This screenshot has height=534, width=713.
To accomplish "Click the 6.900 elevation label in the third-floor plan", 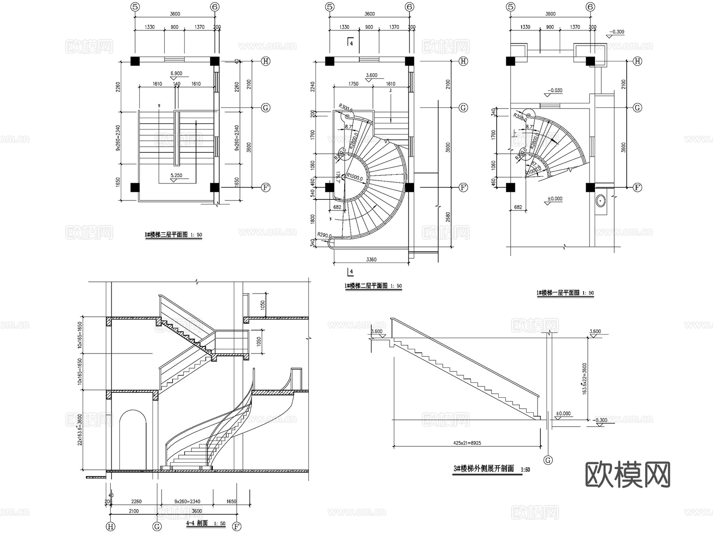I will click(176, 73).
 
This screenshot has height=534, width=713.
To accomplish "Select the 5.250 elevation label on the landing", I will click(176, 175).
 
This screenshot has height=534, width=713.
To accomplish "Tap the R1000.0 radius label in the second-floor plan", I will click(355, 178).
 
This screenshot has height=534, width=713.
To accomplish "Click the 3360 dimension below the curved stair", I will click(371, 260).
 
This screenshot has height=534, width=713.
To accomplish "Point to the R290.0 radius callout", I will click(324, 235).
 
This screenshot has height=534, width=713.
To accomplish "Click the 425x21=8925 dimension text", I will click(467, 443).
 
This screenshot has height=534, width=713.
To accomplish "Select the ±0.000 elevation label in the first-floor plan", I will click(555, 199).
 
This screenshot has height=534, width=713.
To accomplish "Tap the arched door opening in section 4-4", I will click(133, 440).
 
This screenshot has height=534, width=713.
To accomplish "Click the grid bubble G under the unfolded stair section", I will click(548, 460).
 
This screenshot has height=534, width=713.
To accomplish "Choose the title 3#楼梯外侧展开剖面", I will click(484, 469).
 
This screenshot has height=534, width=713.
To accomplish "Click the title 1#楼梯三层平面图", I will click(166, 235).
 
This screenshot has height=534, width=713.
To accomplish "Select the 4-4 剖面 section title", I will click(197, 523).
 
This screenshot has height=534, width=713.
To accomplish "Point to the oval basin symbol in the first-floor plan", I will click(601, 201).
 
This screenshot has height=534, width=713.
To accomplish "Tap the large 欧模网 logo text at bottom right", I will click(627, 475).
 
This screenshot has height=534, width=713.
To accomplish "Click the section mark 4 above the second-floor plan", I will click(351, 43).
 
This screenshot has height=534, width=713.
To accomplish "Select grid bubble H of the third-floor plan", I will click(265, 61).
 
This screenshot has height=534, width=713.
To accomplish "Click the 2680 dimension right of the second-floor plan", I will click(448, 217).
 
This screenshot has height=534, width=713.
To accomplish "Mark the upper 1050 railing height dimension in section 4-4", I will click(263, 305).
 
